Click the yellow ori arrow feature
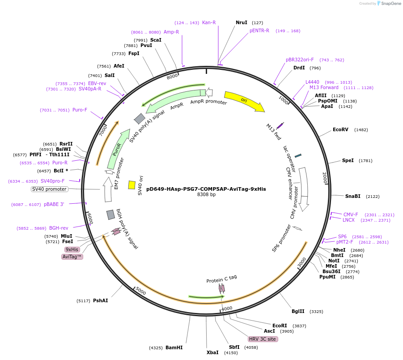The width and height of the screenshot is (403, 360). pos(244,100)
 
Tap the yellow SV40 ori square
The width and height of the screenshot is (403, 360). pos(132,185)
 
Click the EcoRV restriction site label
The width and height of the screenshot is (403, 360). pos(340,129)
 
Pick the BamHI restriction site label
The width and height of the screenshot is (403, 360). pos(174,347)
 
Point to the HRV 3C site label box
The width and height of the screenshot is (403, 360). pos(263,339)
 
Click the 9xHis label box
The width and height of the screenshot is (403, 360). pos(72,249)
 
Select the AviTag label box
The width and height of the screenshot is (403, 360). pos(72,257)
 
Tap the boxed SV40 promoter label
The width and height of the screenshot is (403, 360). pos(49,189)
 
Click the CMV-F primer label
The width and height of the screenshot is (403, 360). pos(351,214)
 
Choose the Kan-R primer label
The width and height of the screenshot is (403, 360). pos(209,22)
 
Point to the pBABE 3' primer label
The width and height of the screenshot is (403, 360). pos(54,204)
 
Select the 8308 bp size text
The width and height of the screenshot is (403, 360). pos(206,194)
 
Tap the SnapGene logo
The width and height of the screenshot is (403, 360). pos(389,4)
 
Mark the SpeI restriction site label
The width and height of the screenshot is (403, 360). pos(348,160)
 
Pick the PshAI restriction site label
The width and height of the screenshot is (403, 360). pos(100,300)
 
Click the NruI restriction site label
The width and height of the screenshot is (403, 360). pos(242,22)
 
